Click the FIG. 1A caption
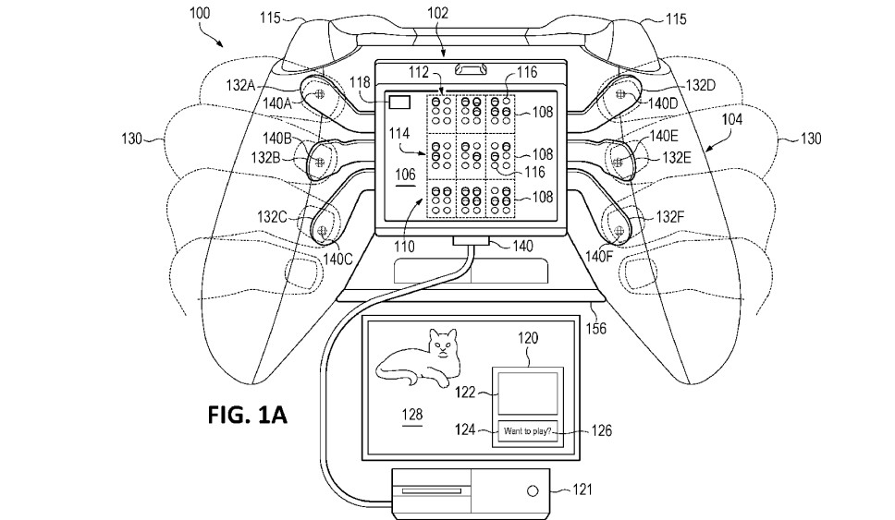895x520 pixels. pyautogui.click(x=247, y=415)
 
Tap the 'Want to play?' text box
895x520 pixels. pyautogui.click(x=527, y=431)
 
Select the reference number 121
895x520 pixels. pyautogui.click(x=582, y=490)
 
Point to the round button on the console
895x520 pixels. pyautogui.click(x=532, y=491)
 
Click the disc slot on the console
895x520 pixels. pyautogui.click(x=432, y=491)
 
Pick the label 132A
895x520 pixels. pyautogui.click(x=240, y=86)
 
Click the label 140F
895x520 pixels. pyautogui.click(x=599, y=257)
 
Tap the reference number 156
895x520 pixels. pyautogui.click(x=596, y=329)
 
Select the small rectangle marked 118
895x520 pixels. pyautogui.click(x=399, y=103)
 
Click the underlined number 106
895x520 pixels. pyautogui.click(x=405, y=175)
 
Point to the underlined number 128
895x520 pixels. pyautogui.click(x=412, y=415)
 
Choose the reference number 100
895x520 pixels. pyautogui.click(x=200, y=13)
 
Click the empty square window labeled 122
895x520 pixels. pyautogui.click(x=527, y=393)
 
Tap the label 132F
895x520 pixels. pyautogui.click(x=670, y=217)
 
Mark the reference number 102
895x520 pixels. pyautogui.click(x=438, y=13)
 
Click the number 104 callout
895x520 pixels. pyautogui.click(x=732, y=119)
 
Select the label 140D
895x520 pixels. pyautogui.click(x=663, y=103)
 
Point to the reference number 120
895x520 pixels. pyautogui.click(x=528, y=338)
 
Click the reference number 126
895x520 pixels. pyautogui.click(x=602, y=430)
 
